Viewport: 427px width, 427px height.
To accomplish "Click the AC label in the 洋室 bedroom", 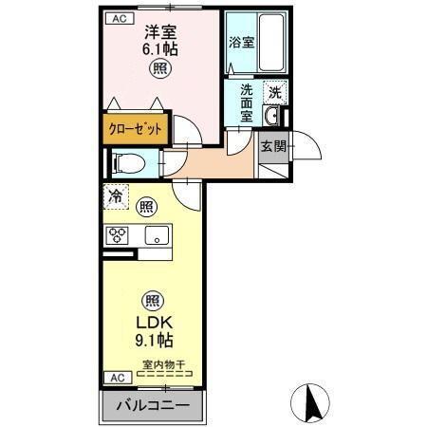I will click(118, 18).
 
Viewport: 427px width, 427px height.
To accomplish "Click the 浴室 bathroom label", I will click(241, 43).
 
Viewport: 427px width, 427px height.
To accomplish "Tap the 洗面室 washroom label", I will click(246, 103).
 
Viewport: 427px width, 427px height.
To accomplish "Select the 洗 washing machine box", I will click(273, 93).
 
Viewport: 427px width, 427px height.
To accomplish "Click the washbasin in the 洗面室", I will click(271, 117).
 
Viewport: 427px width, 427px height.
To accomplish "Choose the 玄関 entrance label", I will click(272, 144).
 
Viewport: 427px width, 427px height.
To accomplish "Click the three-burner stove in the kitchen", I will click(120, 235).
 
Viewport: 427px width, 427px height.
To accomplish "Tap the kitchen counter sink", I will click(157, 235).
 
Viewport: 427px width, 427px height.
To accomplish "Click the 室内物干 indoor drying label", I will click(165, 363).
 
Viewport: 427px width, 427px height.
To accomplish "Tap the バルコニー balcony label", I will click(153, 406).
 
